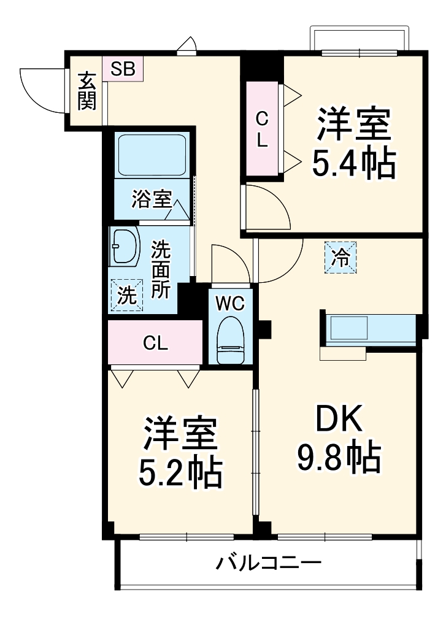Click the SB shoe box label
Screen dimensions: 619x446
[123, 69]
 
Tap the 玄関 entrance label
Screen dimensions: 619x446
[87, 91]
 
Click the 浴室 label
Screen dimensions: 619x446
[150, 199]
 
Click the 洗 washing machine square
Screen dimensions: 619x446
[126, 296]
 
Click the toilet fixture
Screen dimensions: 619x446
[231, 341]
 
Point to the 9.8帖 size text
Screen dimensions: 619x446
[339, 457]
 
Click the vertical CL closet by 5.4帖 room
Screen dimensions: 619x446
[262, 129]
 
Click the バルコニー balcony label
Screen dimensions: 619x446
[268, 563]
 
